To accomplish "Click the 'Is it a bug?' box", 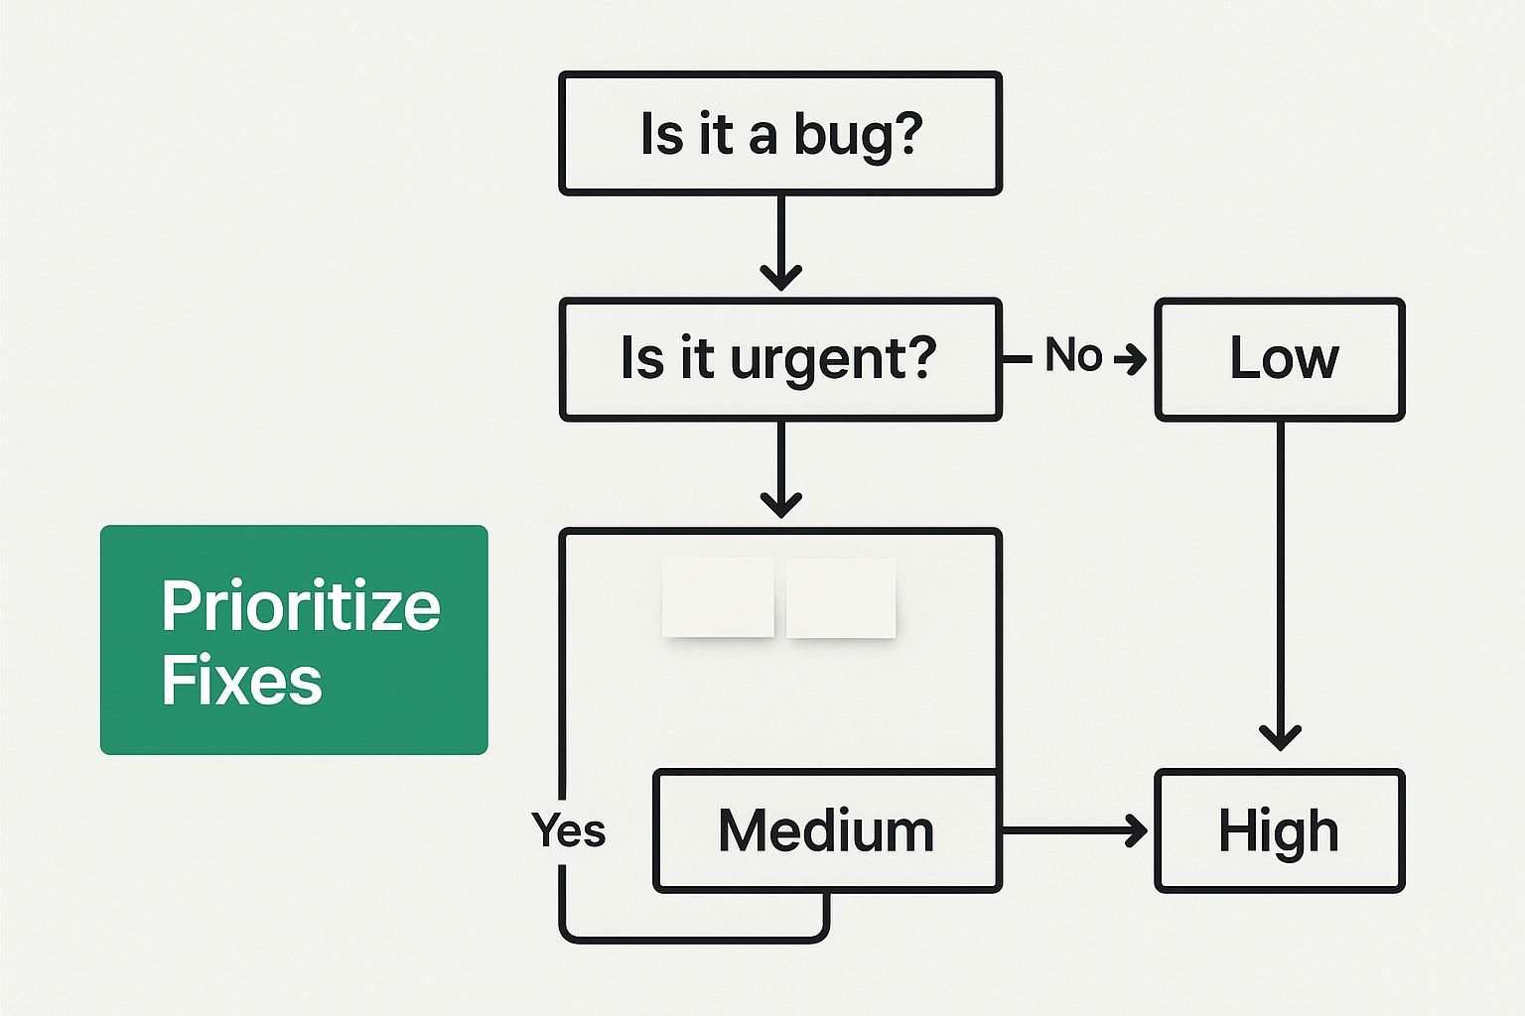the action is (x=780, y=133).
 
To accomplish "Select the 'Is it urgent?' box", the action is (x=780, y=359).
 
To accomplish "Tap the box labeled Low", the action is (x=1280, y=359).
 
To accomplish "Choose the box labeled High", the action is (x=1280, y=830).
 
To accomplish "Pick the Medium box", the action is (x=827, y=830).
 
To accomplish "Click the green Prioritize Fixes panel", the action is (x=294, y=640).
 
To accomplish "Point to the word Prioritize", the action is (x=301, y=606).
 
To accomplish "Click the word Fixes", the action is (x=241, y=680).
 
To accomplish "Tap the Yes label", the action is (x=569, y=830).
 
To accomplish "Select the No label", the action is (x=1073, y=354).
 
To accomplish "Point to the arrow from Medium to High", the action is (x=1075, y=830).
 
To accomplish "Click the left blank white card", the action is (x=718, y=597).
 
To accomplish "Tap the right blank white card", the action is (x=841, y=597).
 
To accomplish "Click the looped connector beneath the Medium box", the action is (x=694, y=940).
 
